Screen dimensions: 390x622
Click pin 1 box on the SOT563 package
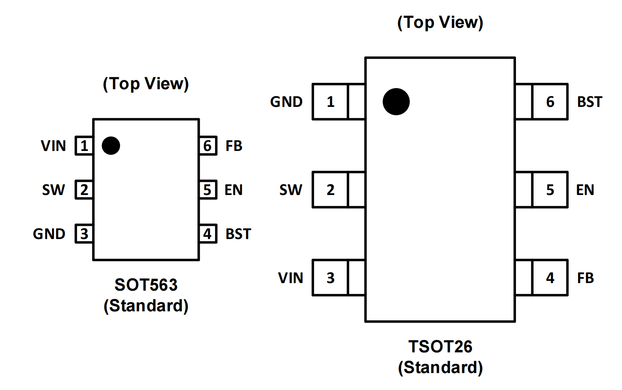coord(84,146)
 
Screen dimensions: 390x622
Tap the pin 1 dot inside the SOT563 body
coord(111,146)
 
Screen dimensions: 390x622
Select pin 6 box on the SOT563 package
coord(208,146)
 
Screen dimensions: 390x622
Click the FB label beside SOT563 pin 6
coord(234,146)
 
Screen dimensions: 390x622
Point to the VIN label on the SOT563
coord(53,146)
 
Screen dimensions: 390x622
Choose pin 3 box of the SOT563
coord(84,234)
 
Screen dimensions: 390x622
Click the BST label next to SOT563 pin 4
coord(238,234)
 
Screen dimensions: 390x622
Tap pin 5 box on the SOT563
coord(208,190)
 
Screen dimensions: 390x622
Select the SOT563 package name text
coord(146,285)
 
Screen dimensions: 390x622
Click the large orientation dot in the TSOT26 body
coord(396,102)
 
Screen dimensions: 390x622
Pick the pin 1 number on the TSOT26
coord(330,102)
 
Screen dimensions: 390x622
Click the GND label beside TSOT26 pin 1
coord(286,102)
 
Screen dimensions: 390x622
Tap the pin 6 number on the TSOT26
coord(550,102)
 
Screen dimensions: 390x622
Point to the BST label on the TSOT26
coord(589,102)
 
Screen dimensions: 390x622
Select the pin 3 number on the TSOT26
coord(330,278)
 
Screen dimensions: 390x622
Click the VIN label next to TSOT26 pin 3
coord(290,278)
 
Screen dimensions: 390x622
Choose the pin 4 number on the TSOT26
coord(550,278)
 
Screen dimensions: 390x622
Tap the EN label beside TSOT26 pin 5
coord(585,190)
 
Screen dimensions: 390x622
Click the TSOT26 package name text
coord(440,347)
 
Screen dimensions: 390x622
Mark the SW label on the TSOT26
coord(290,190)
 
